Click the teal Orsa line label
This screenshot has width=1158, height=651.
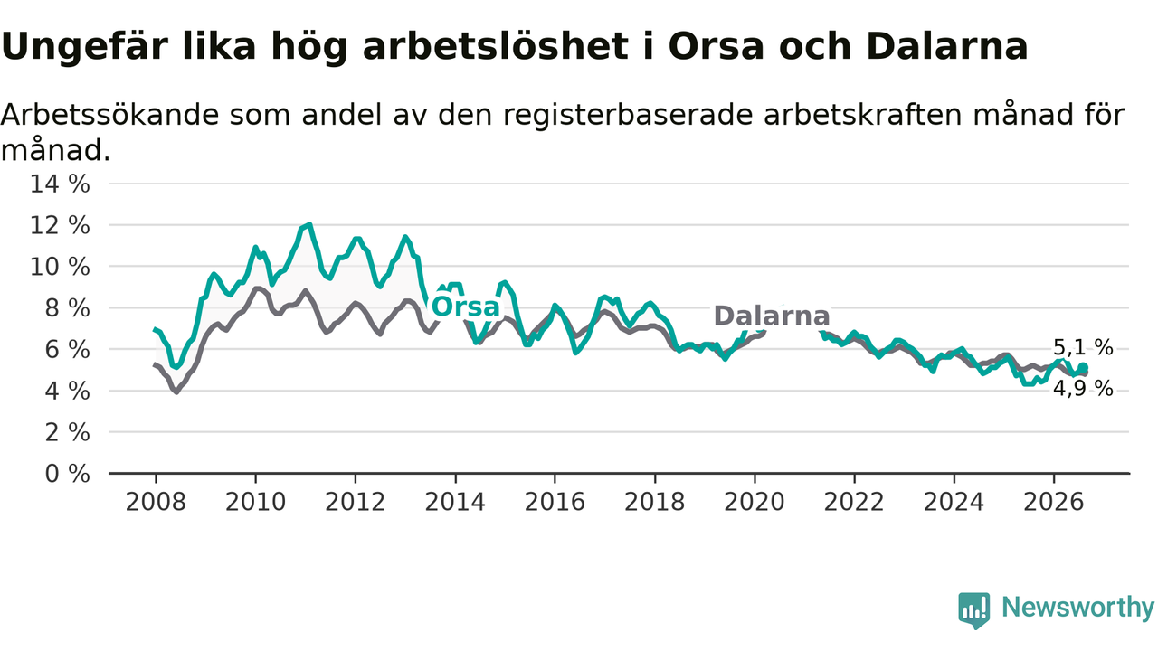tap(465, 307)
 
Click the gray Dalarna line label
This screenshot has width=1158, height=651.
tap(772, 316)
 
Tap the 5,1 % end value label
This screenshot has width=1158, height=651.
tap(1083, 348)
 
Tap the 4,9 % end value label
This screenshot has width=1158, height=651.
tap(1083, 389)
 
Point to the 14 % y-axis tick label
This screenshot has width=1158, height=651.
tap(60, 184)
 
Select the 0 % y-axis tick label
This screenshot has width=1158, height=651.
tap(67, 474)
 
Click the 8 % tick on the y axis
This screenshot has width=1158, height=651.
tap(67, 308)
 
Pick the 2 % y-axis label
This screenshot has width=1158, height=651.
tap(67, 432)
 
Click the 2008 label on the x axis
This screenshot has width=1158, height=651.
tap(156, 502)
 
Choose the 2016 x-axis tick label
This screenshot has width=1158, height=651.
tap(555, 502)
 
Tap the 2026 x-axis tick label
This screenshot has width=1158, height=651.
tap(1054, 502)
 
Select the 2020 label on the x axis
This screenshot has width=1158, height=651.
tap(755, 502)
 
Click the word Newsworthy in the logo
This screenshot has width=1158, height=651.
tap(1077, 607)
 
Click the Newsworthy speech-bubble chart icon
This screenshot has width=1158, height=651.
tap(974, 610)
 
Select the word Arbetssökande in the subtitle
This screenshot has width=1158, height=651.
tap(110, 115)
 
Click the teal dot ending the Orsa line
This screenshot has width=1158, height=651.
tap(1083, 367)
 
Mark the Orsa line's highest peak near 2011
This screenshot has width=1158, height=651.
tap(309, 225)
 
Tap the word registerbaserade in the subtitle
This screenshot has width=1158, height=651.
tap(629, 116)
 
